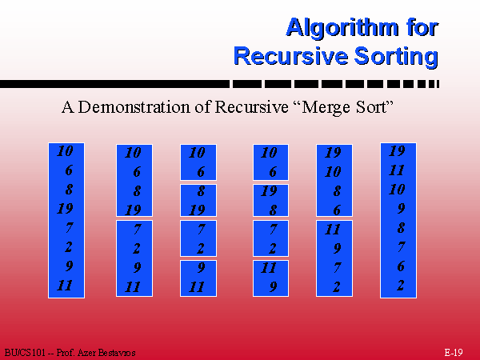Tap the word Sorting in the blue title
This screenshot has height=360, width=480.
[396, 57]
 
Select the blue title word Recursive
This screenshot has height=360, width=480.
[291, 56]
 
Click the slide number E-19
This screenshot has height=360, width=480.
[454, 352]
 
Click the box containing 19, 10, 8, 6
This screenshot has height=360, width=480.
[334, 180]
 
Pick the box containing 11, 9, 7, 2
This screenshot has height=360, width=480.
[334, 258]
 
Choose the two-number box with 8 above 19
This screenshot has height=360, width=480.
[198, 201]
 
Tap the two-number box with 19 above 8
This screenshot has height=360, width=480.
[270, 201]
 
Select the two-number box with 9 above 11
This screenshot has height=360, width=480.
[198, 278]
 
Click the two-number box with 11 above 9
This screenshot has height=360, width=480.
[270, 278]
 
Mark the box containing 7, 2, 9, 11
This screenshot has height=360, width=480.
[134, 258]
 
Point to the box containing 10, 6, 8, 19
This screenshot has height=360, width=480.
[134, 180]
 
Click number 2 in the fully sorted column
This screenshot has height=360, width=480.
[401, 286]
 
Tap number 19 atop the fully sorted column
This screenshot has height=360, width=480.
[397, 151]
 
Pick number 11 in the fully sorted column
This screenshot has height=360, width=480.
[397, 170]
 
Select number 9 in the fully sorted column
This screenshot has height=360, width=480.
[401, 209]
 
